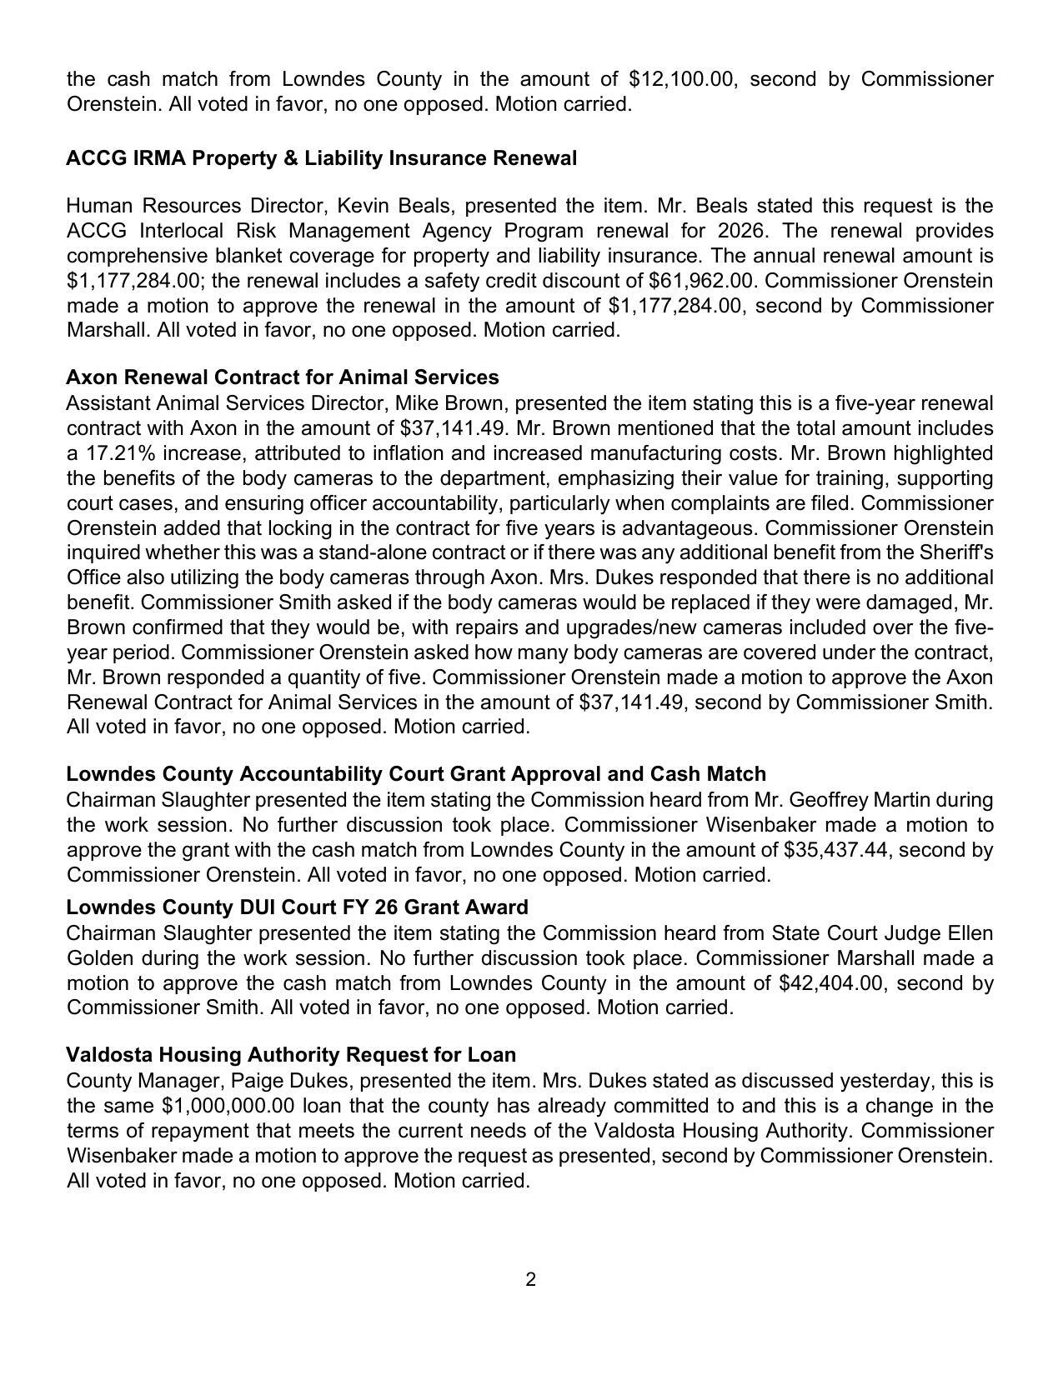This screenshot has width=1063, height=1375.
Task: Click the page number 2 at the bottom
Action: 531,1280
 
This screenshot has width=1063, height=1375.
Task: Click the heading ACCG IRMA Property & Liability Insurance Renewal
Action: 321,158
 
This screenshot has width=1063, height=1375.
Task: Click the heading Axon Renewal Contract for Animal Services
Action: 283,377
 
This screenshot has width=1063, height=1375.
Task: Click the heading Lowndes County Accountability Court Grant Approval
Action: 416,774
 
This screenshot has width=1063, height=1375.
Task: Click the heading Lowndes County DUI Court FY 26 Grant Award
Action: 297,907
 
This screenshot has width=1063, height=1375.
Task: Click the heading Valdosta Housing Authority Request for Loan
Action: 291,1055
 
